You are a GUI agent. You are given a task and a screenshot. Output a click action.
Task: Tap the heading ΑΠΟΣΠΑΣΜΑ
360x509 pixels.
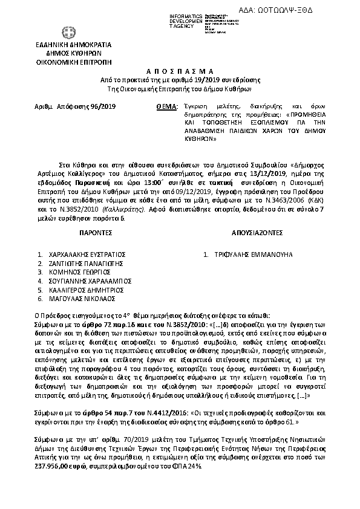tap(180, 71)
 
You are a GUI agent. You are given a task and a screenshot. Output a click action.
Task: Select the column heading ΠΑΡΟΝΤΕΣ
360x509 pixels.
tap(96, 232)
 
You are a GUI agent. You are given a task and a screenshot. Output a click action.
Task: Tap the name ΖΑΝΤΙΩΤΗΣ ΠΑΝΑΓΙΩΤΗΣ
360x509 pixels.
tap(85, 264)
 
